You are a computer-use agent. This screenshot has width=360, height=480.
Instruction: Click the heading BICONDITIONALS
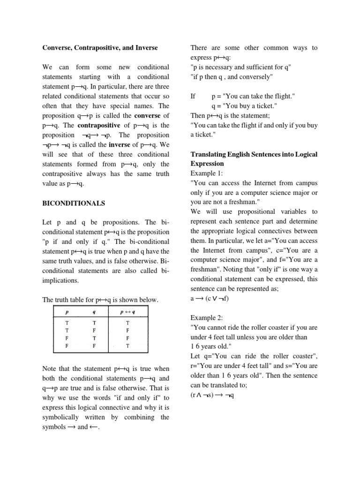(x=74, y=203)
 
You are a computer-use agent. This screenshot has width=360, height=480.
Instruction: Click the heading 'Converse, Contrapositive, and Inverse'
(x=100, y=48)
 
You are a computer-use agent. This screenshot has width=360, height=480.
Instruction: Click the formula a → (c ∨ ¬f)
(x=210, y=298)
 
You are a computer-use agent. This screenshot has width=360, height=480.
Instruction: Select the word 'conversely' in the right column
(x=255, y=77)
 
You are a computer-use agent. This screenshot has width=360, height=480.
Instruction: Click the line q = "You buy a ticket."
(x=247, y=106)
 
